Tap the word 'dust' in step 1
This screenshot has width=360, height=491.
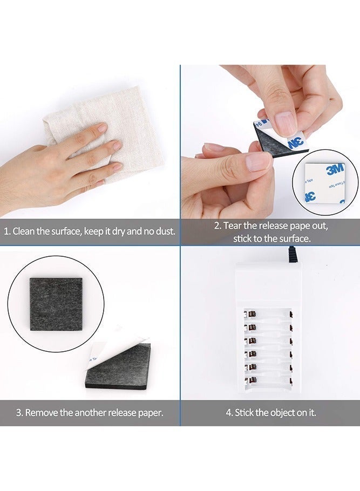165,231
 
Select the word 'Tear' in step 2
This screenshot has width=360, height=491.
232,226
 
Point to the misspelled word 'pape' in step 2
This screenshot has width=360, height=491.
298,227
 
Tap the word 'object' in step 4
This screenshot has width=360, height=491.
281,413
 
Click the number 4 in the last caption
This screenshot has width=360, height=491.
229,413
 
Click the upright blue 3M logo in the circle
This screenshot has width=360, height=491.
335,170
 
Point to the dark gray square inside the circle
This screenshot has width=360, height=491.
56,304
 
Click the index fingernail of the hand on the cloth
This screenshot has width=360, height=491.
102,128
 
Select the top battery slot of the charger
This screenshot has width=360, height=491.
268,314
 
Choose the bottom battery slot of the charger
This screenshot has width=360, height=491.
268,380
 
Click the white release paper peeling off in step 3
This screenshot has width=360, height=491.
116,346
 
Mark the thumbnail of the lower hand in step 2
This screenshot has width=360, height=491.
258,161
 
